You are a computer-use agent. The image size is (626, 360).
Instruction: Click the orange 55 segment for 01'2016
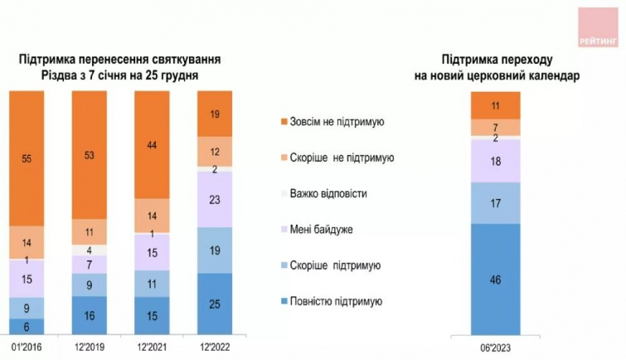[x=27, y=158]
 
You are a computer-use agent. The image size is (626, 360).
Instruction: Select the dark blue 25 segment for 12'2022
[x=215, y=303]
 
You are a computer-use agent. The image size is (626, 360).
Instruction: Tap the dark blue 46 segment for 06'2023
[x=495, y=280]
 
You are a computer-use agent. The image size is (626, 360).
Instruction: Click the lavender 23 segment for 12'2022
[x=215, y=199]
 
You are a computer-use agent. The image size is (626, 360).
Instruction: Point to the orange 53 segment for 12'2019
[x=90, y=154]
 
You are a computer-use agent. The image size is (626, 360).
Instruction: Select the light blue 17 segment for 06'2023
[x=495, y=202]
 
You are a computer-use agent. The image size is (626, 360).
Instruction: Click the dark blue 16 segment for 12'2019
[x=90, y=315]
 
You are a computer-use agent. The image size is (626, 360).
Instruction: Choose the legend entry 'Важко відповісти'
[x=328, y=193]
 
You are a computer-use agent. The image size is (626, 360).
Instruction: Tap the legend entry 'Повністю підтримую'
[x=335, y=300]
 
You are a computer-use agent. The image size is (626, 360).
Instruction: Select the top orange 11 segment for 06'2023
[x=495, y=105]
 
